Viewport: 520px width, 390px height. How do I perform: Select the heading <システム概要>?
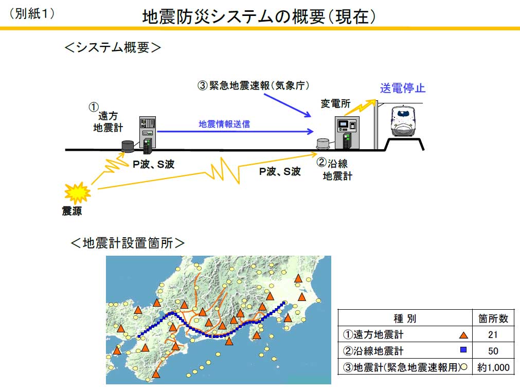click(x=113, y=48)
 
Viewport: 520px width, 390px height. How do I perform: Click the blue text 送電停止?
click(x=403, y=87)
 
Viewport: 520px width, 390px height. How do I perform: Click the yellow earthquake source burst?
click(x=77, y=193)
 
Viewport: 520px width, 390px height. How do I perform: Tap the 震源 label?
click(x=71, y=211)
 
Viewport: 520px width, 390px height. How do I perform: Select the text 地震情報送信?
click(x=225, y=124)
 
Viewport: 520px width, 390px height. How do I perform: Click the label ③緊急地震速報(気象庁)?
click(x=254, y=85)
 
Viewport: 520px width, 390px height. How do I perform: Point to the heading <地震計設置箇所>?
click(x=127, y=242)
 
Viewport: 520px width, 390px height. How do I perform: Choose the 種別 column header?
click(x=405, y=318)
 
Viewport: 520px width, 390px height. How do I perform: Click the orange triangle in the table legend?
click(x=463, y=335)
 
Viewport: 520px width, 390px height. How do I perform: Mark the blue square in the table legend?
click(x=463, y=350)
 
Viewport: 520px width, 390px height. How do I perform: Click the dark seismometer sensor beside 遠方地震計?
click(x=127, y=146)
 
